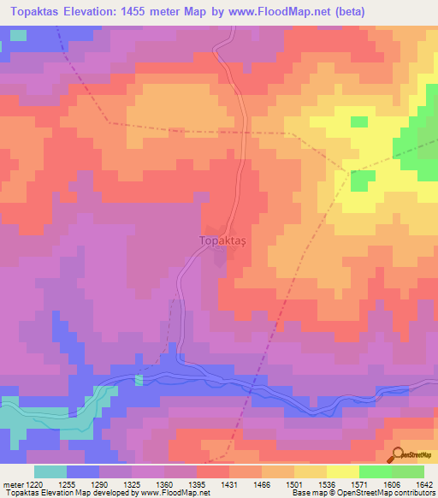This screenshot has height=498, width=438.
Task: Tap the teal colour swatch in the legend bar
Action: tap(50, 471)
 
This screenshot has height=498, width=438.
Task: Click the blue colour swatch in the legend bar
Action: tap(83, 471)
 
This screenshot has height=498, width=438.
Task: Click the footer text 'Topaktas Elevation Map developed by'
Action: tap(68, 493)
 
